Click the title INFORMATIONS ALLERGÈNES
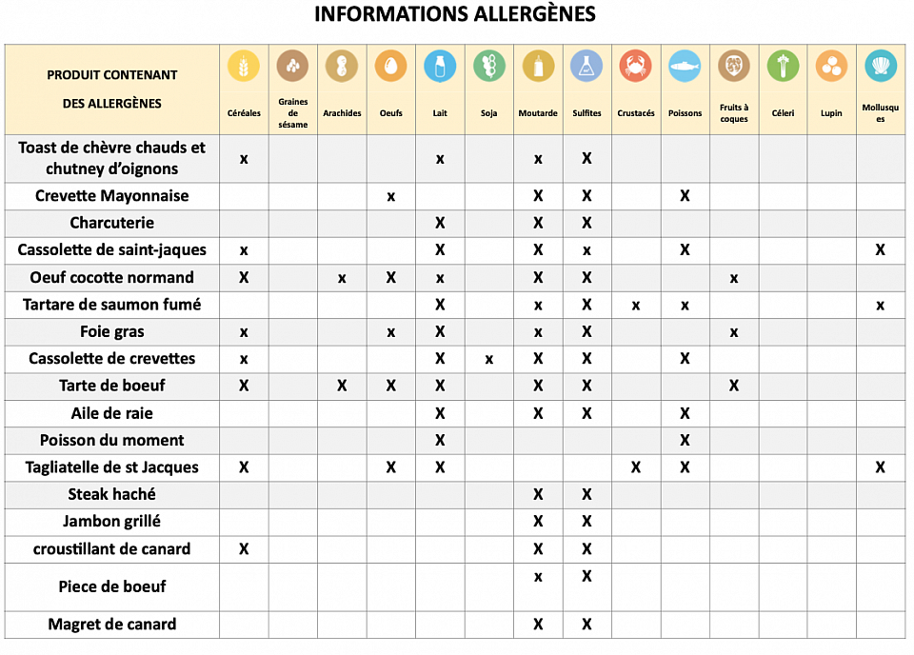tap(455, 14)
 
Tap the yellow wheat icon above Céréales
tap(244, 66)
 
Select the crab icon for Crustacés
tap(635, 66)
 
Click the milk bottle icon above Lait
tap(440, 66)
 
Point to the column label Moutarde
tap(538, 113)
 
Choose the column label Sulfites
tap(586, 113)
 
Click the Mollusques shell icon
tap(881, 66)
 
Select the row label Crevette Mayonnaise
tap(112, 196)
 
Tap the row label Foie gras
tap(112, 332)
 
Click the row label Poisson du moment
tap(112, 441)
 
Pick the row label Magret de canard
tap(112, 625)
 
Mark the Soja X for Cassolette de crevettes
tap(488, 360)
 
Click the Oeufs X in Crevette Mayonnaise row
tap(390, 197)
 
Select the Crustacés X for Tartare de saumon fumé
tap(635, 306)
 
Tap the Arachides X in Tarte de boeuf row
tap(342, 386)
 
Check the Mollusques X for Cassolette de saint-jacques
tap(881, 250)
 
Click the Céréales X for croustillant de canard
tap(244, 549)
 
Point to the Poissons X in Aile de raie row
tap(685, 413)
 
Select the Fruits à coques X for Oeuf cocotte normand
tap(734, 279)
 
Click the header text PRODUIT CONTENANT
tap(112, 74)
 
